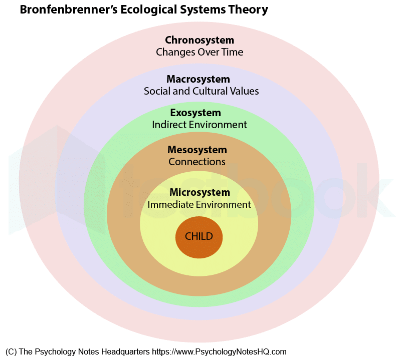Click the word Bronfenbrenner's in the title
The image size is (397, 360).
point(69,10)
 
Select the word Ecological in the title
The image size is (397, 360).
point(148,10)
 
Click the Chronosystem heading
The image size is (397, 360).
point(200,40)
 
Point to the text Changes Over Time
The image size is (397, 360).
point(200,52)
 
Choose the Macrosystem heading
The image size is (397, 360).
point(198,79)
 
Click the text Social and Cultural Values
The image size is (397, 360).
point(202,91)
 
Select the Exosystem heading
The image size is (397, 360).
point(195,113)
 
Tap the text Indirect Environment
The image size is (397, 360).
point(200,125)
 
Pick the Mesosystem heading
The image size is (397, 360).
point(197,150)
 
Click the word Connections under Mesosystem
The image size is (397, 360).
point(197,162)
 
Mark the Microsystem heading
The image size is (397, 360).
point(200,192)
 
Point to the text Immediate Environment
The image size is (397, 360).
point(200,204)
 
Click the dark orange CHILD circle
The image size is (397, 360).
point(199,237)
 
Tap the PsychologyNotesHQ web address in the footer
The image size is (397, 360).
point(219,352)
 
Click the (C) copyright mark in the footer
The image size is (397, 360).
point(11,352)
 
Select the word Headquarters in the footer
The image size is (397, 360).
point(126,352)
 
